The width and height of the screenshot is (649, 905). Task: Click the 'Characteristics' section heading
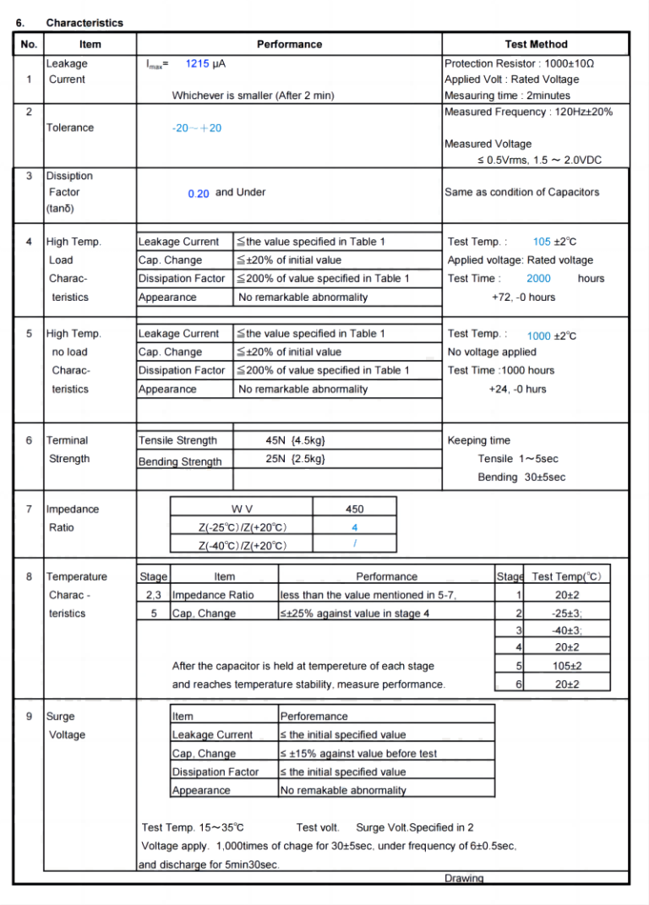pos(85,23)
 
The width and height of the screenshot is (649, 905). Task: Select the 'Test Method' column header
pos(536,44)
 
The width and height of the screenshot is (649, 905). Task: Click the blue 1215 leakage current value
pos(197,63)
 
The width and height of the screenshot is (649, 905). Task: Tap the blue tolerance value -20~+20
pos(196,128)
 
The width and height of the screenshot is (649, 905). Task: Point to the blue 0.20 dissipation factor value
pos(199,194)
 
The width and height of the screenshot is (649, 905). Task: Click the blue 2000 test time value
pos(538,278)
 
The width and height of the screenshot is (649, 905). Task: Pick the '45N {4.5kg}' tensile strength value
pos(295,440)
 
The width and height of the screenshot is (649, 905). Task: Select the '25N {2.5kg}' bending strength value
pos(295,459)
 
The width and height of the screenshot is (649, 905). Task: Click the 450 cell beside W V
pos(355,509)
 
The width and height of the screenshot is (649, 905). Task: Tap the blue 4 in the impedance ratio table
pos(355,527)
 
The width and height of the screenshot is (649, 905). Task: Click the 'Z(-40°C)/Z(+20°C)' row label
pos(243,546)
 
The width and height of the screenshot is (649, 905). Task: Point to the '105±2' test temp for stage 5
pos(567,666)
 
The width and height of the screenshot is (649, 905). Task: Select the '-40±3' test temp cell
pos(567,630)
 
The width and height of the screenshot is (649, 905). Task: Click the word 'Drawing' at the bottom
pos(464,878)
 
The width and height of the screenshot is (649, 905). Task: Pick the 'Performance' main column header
pos(289,44)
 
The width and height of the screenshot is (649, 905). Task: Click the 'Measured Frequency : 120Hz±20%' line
pos(528,112)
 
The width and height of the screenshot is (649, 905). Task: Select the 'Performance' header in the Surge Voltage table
pos(314,717)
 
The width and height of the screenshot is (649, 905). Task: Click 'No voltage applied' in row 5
pos(492,352)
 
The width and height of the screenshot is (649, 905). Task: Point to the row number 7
pos(29,509)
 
